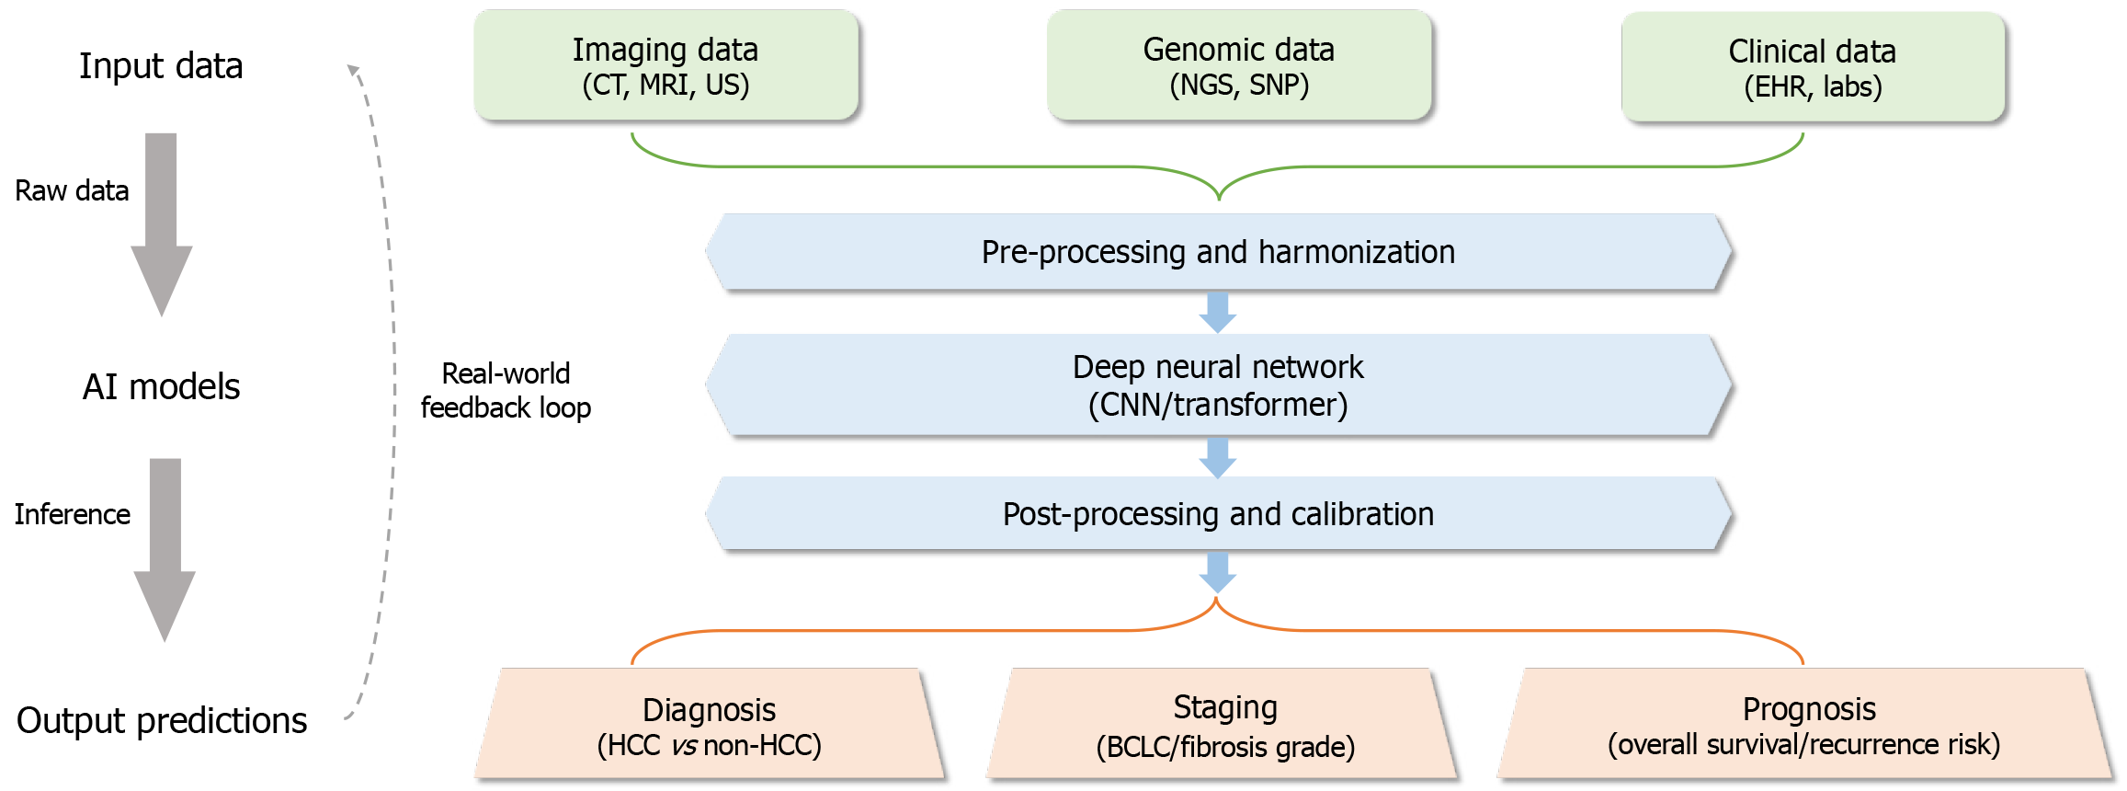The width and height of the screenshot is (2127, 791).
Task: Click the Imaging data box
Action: click(665, 65)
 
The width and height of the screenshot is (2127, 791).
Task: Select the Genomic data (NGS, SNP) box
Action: click(1238, 65)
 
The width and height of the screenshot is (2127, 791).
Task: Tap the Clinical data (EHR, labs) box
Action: click(1812, 67)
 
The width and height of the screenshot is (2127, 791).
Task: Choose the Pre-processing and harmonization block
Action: click(1218, 252)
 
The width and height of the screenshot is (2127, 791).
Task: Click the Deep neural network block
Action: click(1218, 385)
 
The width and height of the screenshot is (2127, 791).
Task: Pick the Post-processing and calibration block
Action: click(1218, 514)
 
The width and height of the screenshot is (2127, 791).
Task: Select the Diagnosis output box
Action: click(709, 725)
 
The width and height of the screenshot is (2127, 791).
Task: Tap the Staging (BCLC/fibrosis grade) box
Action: click(1224, 725)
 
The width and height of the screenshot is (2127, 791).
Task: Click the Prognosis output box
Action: click(1803, 725)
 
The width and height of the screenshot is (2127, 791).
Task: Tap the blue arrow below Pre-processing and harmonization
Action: click(1218, 313)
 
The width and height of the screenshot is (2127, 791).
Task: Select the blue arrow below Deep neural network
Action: click(1218, 457)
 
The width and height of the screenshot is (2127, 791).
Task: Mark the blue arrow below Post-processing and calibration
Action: click(1218, 572)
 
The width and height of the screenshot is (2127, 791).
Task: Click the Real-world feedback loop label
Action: click(506, 391)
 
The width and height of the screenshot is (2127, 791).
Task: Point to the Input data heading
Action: click(161, 66)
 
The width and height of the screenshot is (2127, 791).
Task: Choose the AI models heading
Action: click(161, 387)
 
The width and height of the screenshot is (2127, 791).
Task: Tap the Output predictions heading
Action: click(162, 721)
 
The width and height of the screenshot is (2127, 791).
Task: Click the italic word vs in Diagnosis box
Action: click(684, 745)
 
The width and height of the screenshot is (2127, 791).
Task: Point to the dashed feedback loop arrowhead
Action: click(353, 70)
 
